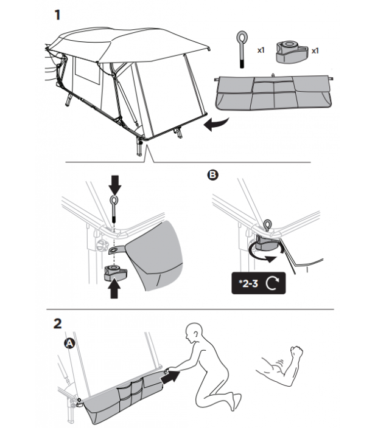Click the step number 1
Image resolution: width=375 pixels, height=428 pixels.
(x=57, y=15)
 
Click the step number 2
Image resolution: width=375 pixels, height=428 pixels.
(x=58, y=323)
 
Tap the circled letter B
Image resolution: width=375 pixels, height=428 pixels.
(x=213, y=174)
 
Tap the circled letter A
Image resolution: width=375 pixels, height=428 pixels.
(x=69, y=343)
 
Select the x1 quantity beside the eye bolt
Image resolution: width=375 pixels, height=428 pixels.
(x=261, y=50)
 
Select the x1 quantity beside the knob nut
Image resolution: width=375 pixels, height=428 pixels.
(x=315, y=51)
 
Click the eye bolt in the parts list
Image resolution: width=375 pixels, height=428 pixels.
(x=242, y=49)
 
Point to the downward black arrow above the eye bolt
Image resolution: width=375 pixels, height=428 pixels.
(x=115, y=185)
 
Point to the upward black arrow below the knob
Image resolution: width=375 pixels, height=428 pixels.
(x=114, y=289)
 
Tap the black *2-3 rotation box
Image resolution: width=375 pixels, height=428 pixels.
(x=259, y=283)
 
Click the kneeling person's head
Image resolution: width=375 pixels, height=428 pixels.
(x=194, y=332)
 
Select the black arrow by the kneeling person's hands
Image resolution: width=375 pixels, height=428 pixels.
(x=170, y=377)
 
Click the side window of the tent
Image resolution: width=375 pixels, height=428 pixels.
(x=87, y=71)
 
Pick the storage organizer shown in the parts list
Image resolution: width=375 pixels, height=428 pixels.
(x=274, y=92)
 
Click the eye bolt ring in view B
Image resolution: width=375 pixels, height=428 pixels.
(x=267, y=224)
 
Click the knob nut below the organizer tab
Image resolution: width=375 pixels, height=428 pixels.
(x=115, y=272)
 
